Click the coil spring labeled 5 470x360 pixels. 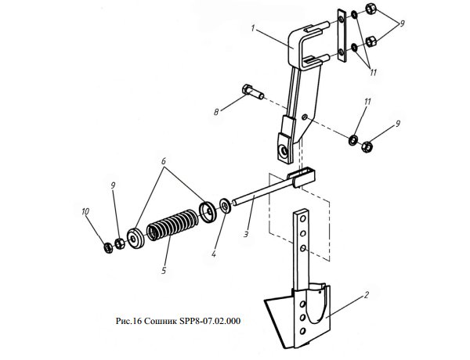point(172,225)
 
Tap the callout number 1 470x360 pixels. point(253,28)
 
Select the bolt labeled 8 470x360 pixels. point(253,92)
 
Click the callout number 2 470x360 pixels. point(366,295)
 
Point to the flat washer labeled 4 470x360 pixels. point(225,206)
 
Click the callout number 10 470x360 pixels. point(85,212)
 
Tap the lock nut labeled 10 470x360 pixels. point(108,247)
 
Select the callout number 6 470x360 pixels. point(164,161)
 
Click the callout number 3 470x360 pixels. point(246,234)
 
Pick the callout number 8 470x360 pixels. point(216,113)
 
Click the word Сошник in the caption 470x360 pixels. point(161,321)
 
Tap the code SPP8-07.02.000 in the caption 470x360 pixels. point(210,321)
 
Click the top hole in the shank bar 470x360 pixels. point(302,219)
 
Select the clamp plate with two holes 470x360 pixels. point(342,36)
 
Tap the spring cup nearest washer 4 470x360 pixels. point(208,212)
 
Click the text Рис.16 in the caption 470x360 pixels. point(128,321)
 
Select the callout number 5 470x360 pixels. point(164,271)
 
